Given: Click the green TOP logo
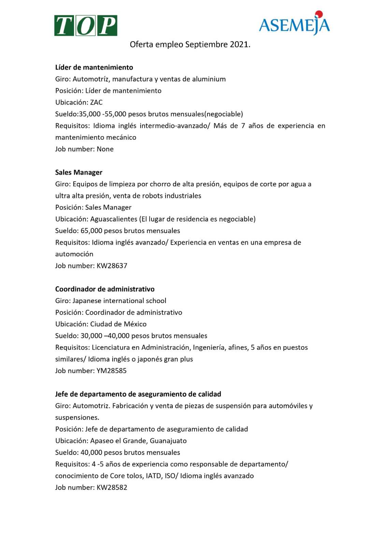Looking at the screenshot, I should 86,26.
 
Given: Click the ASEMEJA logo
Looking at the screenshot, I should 294,24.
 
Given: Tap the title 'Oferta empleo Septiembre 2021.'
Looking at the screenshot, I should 190,45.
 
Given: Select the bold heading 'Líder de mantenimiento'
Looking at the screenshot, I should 94,68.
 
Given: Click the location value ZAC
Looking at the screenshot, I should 96,102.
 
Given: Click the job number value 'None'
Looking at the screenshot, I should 105,149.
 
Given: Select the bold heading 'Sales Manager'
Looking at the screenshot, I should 79,173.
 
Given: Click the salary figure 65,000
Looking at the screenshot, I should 91,231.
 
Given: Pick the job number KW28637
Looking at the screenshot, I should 112,266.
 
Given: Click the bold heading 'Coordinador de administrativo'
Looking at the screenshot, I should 105,289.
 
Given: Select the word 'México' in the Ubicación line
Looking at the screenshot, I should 135,324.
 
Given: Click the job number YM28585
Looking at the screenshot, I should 112,371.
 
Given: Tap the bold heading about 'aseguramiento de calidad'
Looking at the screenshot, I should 138,394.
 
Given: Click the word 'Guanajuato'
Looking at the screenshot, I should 168,441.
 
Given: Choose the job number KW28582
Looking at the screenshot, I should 112,488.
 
